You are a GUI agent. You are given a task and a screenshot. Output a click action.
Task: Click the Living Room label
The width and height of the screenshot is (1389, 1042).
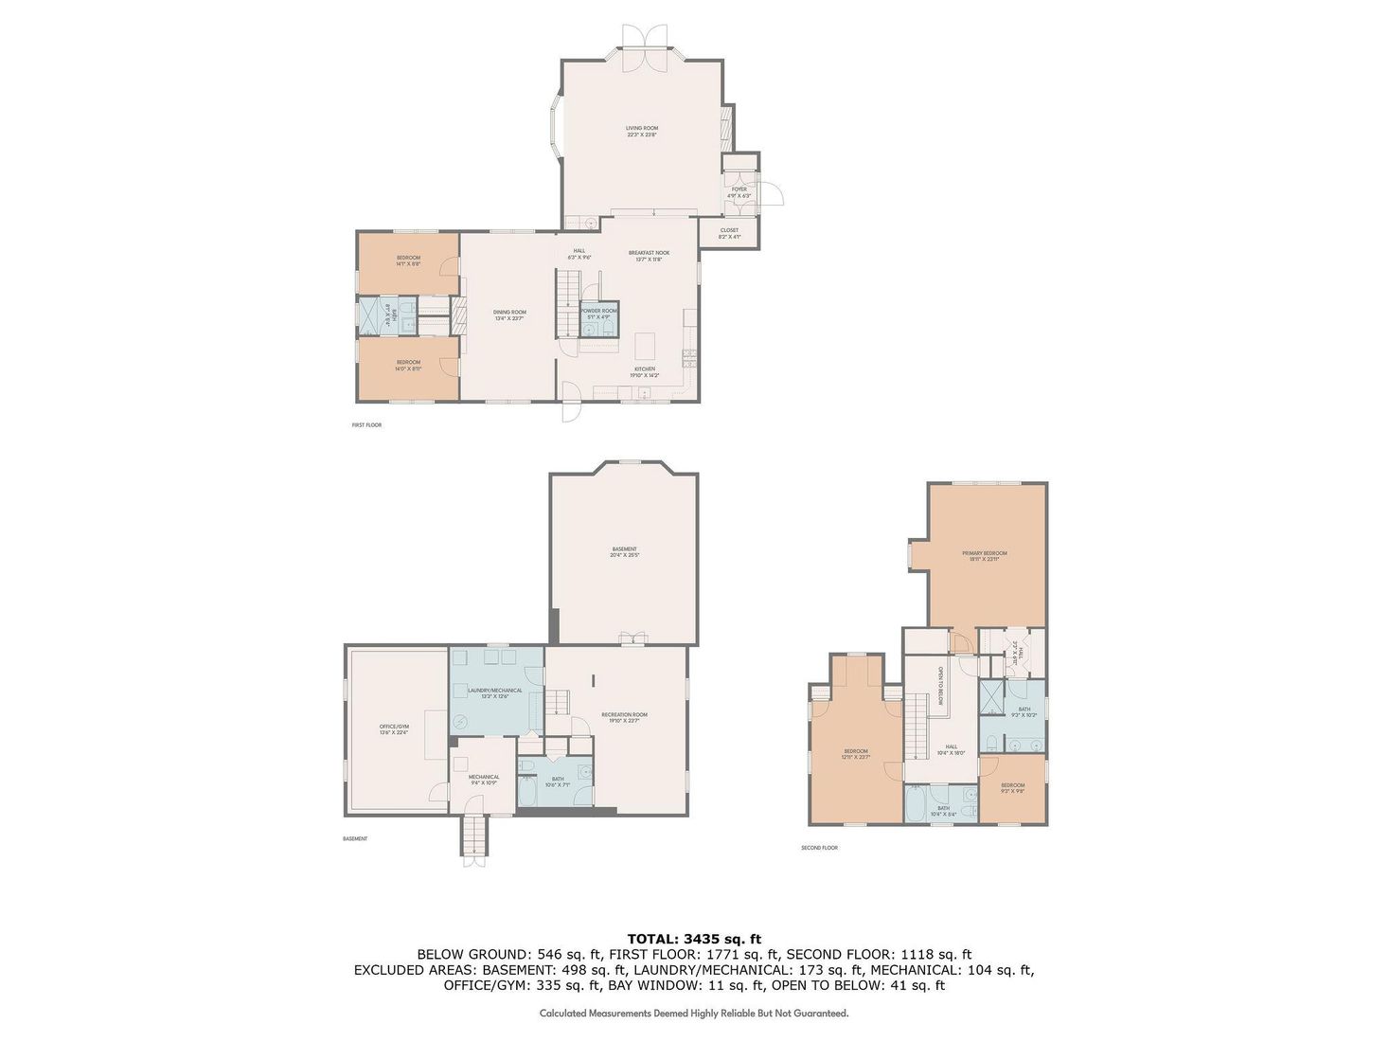click(x=641, y=128)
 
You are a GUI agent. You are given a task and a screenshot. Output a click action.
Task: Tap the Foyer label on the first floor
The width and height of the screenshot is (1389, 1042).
click(x=739, y=189)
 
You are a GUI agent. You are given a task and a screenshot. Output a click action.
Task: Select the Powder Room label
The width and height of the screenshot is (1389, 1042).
click(x=598, y=311)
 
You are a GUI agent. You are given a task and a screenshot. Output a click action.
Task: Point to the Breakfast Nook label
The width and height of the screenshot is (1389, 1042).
click(x=649, y=253)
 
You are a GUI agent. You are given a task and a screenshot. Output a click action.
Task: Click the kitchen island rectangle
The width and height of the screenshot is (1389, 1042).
click(x=646, y=342)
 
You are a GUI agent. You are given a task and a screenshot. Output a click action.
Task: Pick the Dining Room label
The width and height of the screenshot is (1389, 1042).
click(x=509, y=312)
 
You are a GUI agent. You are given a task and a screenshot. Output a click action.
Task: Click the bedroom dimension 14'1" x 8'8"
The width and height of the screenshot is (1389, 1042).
click(x=408, y=264)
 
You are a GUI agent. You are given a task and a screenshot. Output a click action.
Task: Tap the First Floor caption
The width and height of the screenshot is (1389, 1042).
click(x=365, y=425)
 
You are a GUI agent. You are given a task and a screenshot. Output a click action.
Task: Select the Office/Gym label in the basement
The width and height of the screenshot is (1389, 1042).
click(x=393, y=728)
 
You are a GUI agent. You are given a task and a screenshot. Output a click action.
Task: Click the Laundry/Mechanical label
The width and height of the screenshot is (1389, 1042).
click(x=496, y=691)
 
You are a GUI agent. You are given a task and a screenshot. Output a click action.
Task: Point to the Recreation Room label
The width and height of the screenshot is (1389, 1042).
click(x=624, y=714)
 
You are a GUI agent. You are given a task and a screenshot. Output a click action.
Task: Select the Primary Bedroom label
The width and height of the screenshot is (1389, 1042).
click(x=985, y=553)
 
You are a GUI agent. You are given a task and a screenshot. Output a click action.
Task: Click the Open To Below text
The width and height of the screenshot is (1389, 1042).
click(x=941, y=684)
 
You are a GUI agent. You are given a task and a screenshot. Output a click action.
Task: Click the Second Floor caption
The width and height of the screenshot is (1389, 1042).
click(x=819, y=848)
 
